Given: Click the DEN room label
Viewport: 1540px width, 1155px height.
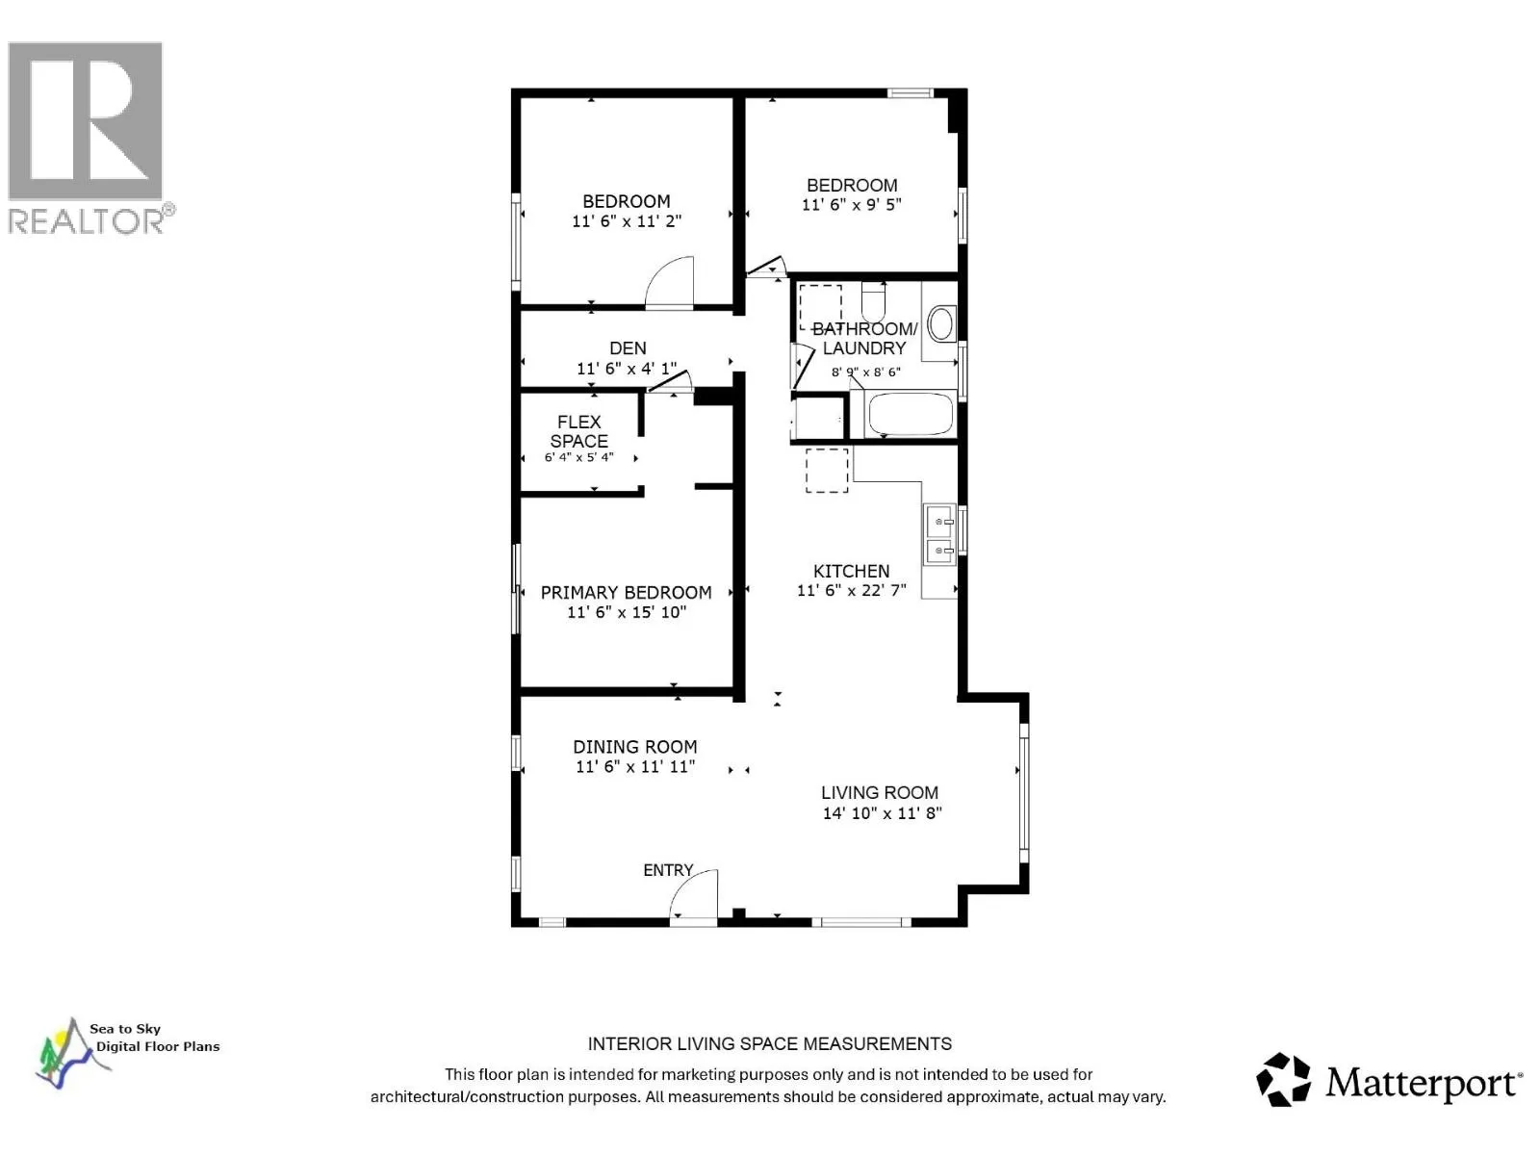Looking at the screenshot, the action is tap(628, 348).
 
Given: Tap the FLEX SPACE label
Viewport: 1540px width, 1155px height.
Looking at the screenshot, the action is tap(578, 431).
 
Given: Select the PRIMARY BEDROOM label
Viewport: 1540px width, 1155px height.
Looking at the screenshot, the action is tap(626, 593).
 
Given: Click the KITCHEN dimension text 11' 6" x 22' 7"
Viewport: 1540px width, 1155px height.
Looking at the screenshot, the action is tap(851, 590).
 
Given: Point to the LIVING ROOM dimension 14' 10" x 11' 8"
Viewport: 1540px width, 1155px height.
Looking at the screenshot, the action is tap(882, 812).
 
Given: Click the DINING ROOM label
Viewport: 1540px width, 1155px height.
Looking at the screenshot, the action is tap(635, 747).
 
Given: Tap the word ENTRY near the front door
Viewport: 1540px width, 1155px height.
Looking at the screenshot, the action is tap(668, 869).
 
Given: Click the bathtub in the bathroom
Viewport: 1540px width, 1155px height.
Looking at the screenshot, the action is tap(911, 414).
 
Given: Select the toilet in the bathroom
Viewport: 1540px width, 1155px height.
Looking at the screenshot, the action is tap(874, 301).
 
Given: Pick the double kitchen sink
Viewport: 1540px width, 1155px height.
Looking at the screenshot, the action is tap(939, 533).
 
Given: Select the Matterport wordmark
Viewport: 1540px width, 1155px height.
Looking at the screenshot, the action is tap(1423, 1084).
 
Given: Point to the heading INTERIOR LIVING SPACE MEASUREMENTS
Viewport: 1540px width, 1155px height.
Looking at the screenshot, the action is tap(770, 1044).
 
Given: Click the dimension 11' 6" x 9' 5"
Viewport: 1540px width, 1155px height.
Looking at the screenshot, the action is tap(851, 205).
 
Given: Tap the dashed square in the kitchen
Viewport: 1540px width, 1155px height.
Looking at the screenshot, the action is tap(827, 470).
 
